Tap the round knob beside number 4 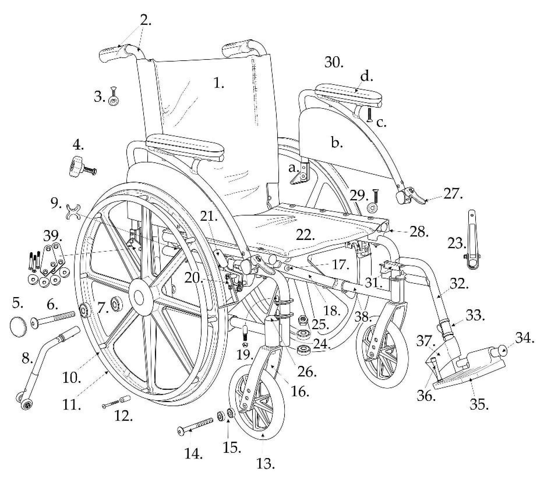[76, 166]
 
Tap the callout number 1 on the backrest [218, 84]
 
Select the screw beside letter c [370, 115]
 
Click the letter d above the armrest [367, 77]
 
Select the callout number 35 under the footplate [479, 405]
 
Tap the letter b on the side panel [337, 143]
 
